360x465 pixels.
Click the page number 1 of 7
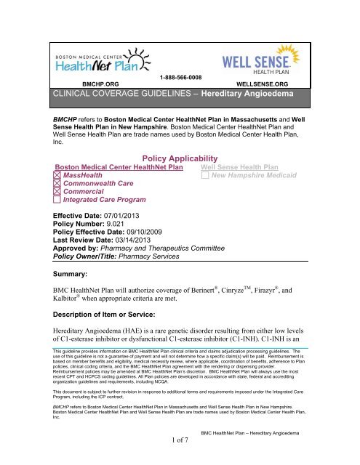[x=180, y=459]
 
